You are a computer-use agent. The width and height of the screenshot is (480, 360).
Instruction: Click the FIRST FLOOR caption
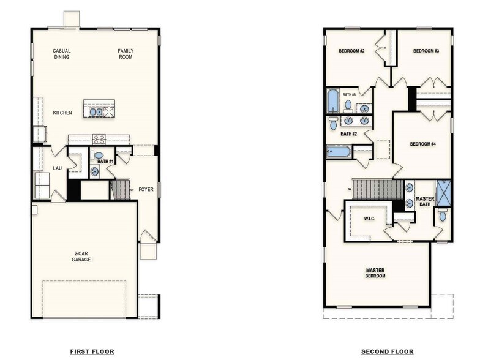coord(92,351)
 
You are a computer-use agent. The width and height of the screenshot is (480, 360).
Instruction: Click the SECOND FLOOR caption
coord(387,351)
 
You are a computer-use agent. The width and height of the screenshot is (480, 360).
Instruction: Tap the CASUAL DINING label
coord(61,54)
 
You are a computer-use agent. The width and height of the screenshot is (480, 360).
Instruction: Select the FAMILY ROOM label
coord(126,54)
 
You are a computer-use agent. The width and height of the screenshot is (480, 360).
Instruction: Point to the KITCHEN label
coord(62,113)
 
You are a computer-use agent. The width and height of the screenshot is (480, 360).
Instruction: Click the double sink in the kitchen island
coord(96,112)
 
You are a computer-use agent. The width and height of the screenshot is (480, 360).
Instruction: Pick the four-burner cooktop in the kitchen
coord(99,139)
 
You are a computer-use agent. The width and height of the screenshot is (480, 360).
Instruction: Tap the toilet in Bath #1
coord(99,156)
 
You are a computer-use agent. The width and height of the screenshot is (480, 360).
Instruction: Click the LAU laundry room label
coord(57,167)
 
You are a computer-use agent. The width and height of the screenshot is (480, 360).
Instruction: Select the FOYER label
coord(146,189)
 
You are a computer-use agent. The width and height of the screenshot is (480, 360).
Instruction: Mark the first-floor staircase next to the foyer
coord(121,189)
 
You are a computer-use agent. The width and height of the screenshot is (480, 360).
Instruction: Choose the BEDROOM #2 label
coord(351,51)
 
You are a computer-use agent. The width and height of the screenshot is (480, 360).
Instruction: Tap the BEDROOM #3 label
coord(426,51)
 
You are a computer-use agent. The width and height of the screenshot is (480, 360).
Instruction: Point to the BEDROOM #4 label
coord(422,144)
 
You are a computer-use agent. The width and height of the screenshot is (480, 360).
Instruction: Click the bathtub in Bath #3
coord(332,101)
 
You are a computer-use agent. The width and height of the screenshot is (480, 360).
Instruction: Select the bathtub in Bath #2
coord(339,151)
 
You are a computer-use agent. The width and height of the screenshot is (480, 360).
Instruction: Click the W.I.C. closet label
coord(369,218)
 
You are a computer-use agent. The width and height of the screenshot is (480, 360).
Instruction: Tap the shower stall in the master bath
coord(443,193)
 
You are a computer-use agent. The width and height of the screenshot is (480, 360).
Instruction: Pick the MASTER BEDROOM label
coord(375,273)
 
